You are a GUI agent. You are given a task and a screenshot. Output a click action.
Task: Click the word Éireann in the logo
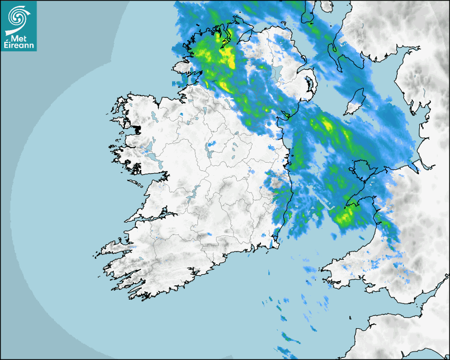pos(19,45)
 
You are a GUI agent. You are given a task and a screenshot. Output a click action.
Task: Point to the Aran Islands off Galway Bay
pos(136,184)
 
